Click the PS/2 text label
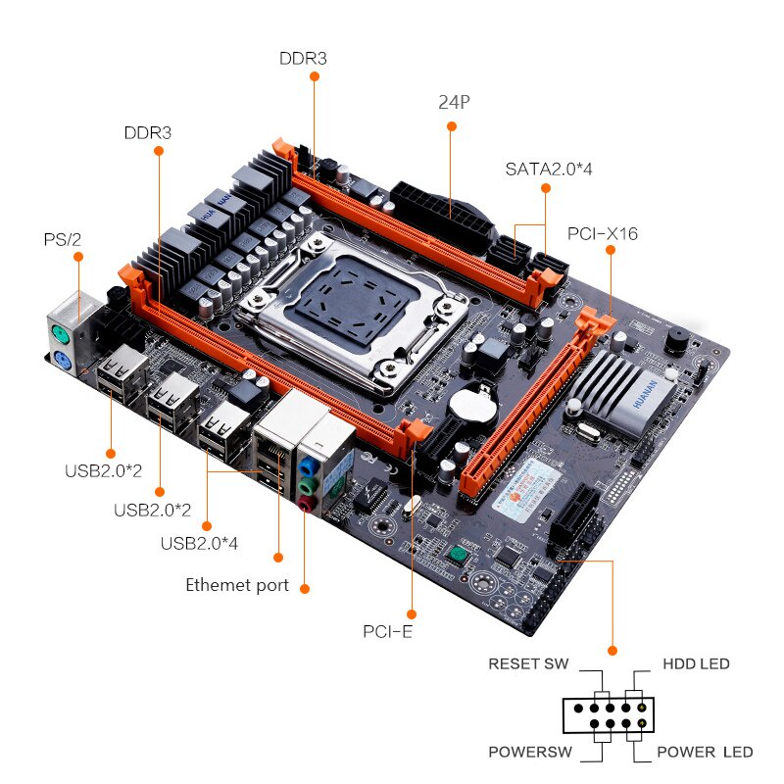coord(62,239)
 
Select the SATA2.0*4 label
coord(549,169)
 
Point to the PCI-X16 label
coord(603,233)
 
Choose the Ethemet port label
coord(237,585)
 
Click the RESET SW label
coord(529,663)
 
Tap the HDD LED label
coord(696,663)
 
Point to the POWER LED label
coord(705,752)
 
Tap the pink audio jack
coord(308,503)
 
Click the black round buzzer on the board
coord(675,339)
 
